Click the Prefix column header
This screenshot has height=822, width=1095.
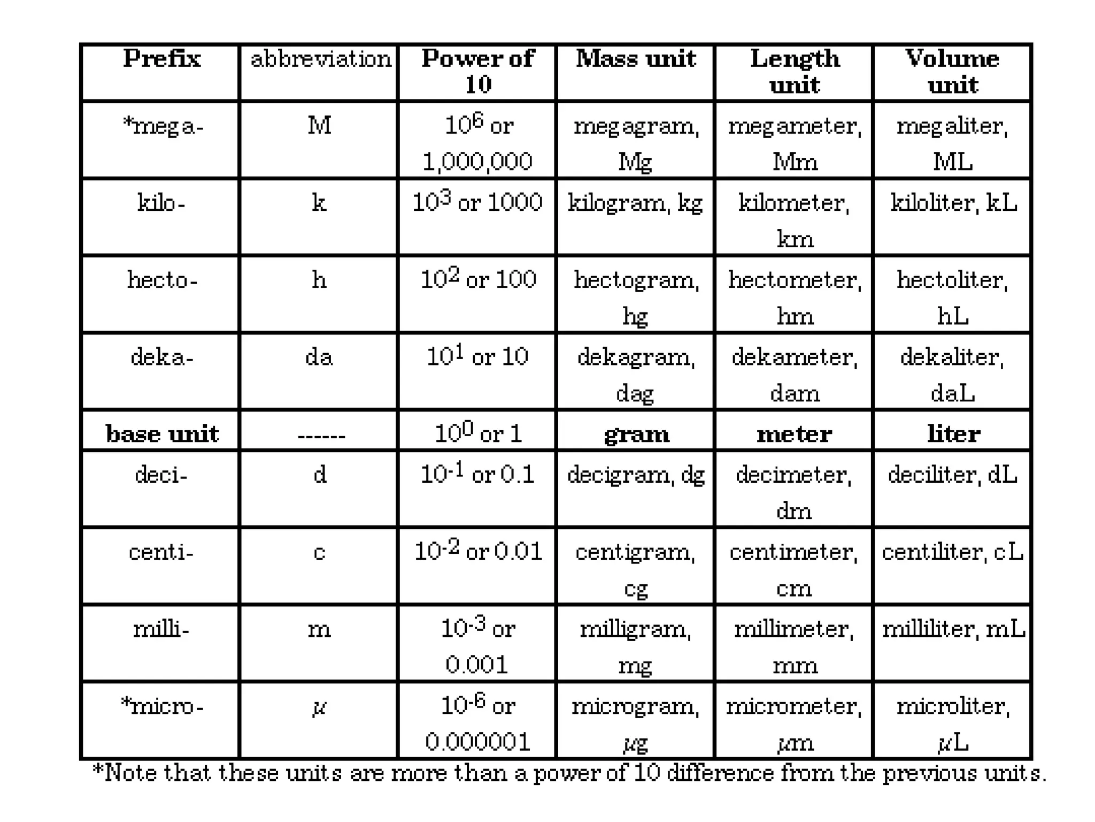(x=161, y=59)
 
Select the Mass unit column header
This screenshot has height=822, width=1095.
(x=636, y=59)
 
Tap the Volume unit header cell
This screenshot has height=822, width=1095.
(x=952, y=71)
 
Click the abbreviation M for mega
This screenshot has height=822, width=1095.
(x=319, y=126)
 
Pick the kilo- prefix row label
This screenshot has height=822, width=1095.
(x=161, y=203)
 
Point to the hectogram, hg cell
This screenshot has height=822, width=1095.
(x=636, y=297)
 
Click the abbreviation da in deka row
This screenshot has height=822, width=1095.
(x=319, y=357)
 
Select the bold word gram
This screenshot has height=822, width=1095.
(x=636, y=434)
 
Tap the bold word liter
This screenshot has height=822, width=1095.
(x=953, y=434)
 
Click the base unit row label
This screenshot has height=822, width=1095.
(x=162, y=434)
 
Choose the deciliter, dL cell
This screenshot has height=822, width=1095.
(x=952, y=475)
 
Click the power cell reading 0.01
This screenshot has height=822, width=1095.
(x=478, y=551)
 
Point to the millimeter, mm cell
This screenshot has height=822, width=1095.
(x=794, y=646)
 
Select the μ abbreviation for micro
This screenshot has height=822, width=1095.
(x=319, y=708)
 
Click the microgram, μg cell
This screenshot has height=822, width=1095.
(x=636, y=724)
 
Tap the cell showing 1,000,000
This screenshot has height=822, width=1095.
(x=477, y=162)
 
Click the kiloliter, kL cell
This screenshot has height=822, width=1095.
(x=953, y=203)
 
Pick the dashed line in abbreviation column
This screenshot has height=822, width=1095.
(x=321, y=436)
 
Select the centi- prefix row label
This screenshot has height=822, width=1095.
(x=161, y=552)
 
